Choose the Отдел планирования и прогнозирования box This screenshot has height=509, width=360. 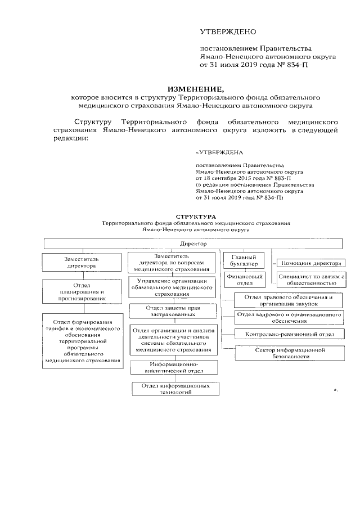pos(83,291)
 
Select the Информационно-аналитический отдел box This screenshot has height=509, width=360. pos(173,368)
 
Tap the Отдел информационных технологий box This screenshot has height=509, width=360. pos(172,389)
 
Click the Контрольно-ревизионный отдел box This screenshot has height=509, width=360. pos(287,334)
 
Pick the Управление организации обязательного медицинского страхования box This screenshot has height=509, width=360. pos(172,288)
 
